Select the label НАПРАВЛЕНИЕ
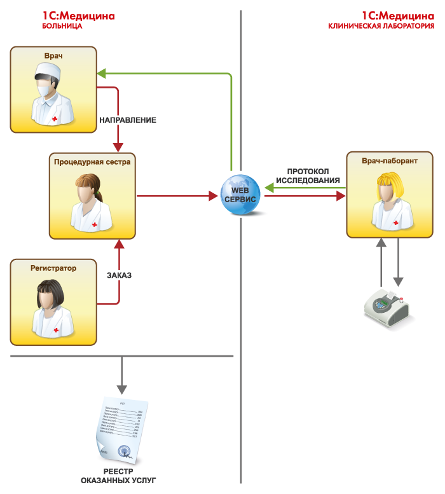[x=128, y=120]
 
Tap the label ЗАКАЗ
[x=119, y=275]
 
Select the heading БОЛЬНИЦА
[x=62, y=27]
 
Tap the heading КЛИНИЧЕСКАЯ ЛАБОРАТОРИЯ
[x=381, y=27]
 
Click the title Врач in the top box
[x=54, y=56]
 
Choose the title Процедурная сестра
[x=92, y=162]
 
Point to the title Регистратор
[x=53, y=268]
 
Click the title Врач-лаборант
[x=390, y=161]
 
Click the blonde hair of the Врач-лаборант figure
[x=389, y=184]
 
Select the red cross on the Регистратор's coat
[x=56, y=330]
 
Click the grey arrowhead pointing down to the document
[x=121, y=388]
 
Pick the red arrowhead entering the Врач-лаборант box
[x=341, y=196]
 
